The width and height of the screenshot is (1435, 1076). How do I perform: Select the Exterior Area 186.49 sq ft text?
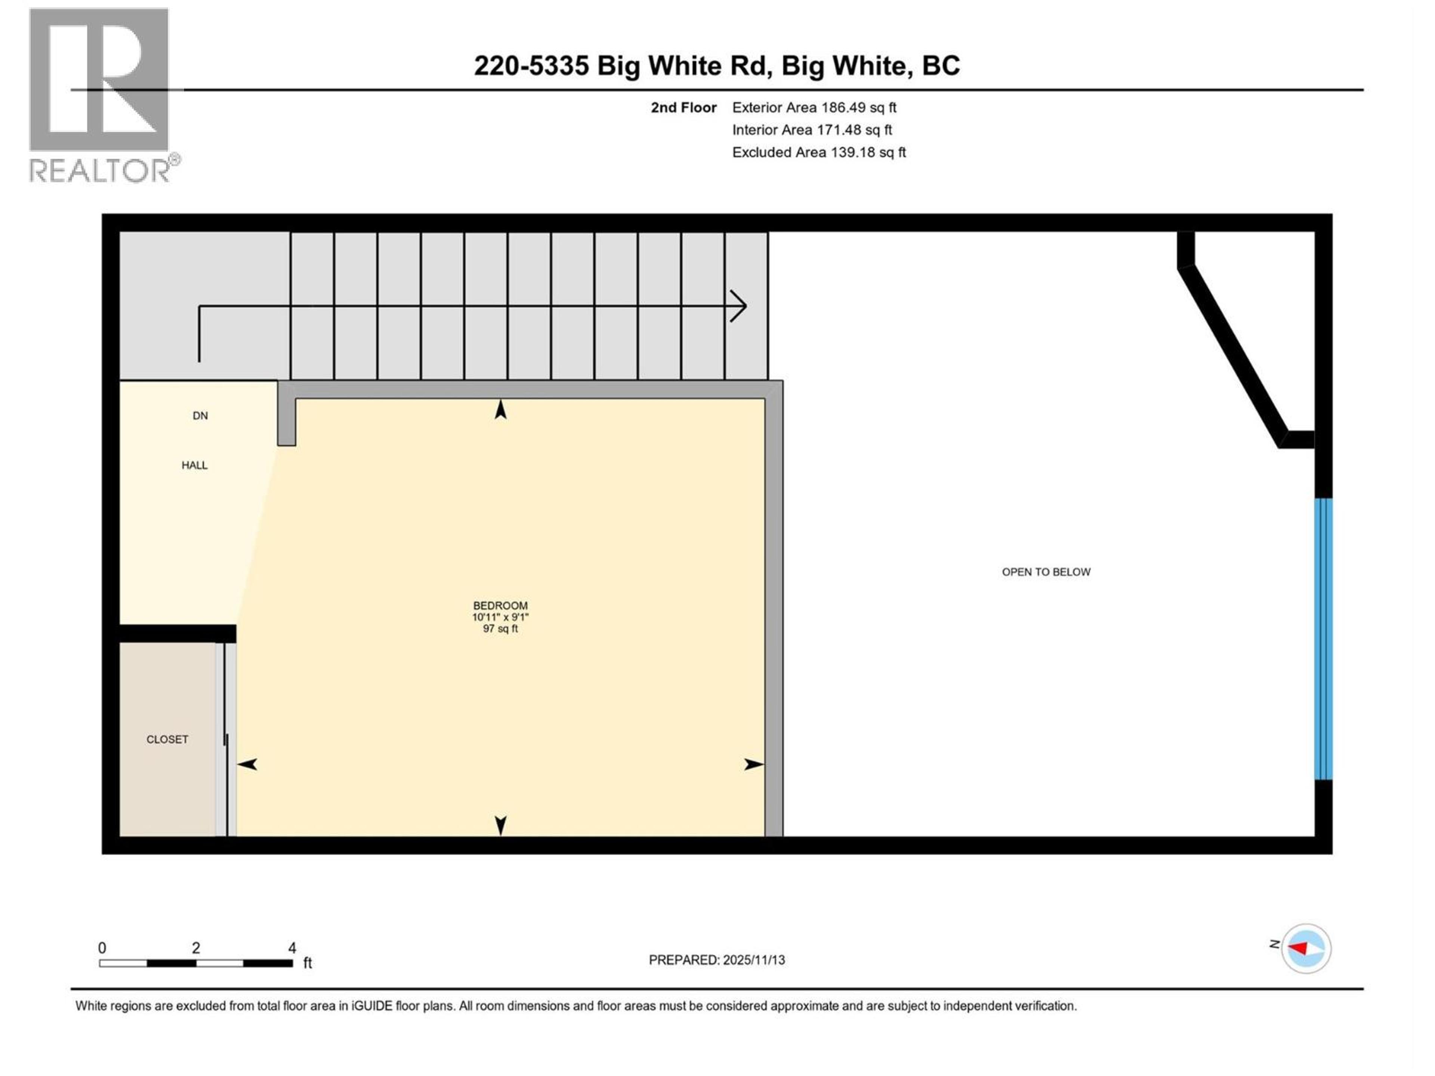pyautogui.click(x=814, y=108)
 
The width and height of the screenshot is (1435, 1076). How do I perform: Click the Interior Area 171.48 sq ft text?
pyautogui.click(x=812, y=130)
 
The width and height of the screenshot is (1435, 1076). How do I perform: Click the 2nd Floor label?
pyautogui.click(x=683, y=108)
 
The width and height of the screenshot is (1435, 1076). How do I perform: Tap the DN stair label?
pyautogui.click(x=200, y=416)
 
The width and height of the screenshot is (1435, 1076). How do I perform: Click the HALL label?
pyautogui.click(x=195, y=465)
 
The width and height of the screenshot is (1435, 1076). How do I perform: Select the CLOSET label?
pyautogui.click(x=167, y=739)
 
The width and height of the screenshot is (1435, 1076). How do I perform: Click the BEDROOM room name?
pyautogui.click(x=500, y=606)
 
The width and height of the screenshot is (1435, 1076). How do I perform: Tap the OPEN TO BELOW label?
pyautogui.click(x=1046, y=572)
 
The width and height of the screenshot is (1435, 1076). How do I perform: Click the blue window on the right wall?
pyautogui.click(x=1323, y=639)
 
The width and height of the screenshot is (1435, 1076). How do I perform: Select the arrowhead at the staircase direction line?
pyautogui.click(x=739, y=306)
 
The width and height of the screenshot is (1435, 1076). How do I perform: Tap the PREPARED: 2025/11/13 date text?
pyautogui.click(x=716, y=960)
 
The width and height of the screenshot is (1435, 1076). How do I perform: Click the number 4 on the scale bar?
pyautogui.click(x=292, y=947)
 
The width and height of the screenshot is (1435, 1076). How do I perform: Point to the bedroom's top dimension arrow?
pyautogui.click(x=500, y=410)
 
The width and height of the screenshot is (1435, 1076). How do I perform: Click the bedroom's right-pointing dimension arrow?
pyautogui.click(x=753, y=765)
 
